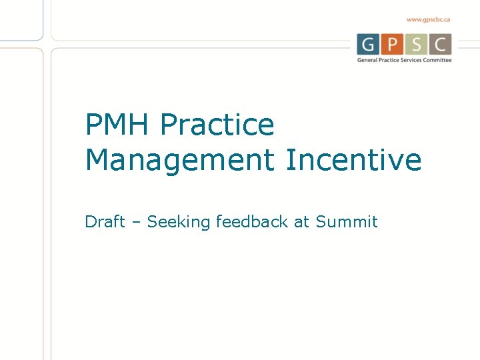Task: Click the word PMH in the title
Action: (118, 125)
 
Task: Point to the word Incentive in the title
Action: (353, 160)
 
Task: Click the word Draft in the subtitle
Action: (105, 221)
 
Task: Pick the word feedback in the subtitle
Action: (253, 221)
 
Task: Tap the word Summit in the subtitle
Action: (347, 221)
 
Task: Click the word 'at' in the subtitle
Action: (302, 222)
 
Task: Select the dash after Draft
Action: (136, 222)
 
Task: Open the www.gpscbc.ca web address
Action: (429, 20)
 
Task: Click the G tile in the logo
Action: (367, 44)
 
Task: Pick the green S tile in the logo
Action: (417, 44)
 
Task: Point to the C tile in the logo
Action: (441, 44)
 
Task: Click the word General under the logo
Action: (367, 60)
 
